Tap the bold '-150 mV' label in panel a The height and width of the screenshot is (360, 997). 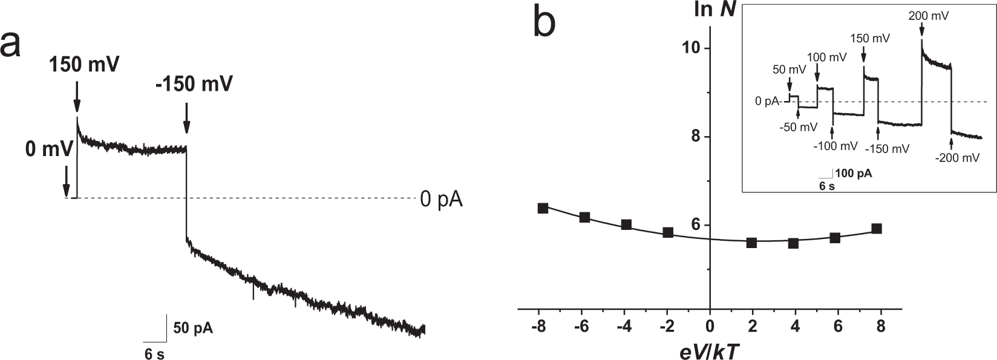click(194, 84)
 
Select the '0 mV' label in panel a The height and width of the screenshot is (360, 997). click(49, 148)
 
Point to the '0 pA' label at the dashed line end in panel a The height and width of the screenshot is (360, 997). click(441, 199)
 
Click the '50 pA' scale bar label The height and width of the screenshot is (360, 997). click(193, 329)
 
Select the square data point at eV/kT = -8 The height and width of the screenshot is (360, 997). click(543, 208)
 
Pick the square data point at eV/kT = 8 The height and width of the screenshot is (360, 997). click(876, 229)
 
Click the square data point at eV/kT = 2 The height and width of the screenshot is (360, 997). click(752, 242)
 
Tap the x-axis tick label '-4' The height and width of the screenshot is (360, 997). click(625, 326)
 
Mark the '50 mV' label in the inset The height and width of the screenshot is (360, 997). click(789, 70)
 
